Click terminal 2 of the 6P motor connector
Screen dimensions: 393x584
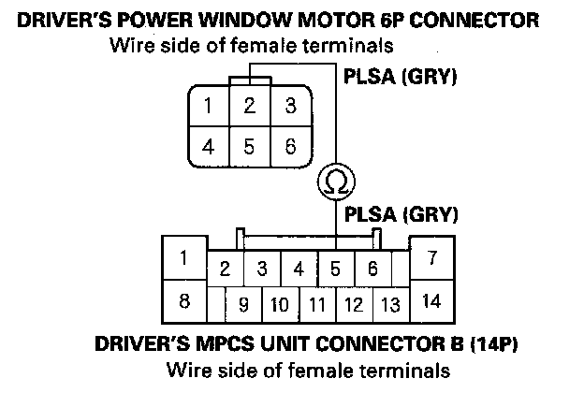[249, 105]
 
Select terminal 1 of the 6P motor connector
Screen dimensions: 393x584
[209, 105]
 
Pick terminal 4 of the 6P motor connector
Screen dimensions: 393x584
[209, 146]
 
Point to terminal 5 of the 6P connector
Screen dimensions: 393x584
[249, 146]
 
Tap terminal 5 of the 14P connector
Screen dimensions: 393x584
[335, 269]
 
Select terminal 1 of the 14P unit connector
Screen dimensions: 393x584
[184, 258]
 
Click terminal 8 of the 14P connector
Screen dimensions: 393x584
[184, 301]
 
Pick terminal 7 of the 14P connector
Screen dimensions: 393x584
[431, 258]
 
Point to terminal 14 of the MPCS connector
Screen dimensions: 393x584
[431, 301]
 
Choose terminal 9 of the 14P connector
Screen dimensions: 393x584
[243, 304]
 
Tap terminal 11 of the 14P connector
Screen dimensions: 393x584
[316, 304]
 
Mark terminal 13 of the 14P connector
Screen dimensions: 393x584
[391, 304]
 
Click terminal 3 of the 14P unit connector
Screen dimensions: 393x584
[262, 269]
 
